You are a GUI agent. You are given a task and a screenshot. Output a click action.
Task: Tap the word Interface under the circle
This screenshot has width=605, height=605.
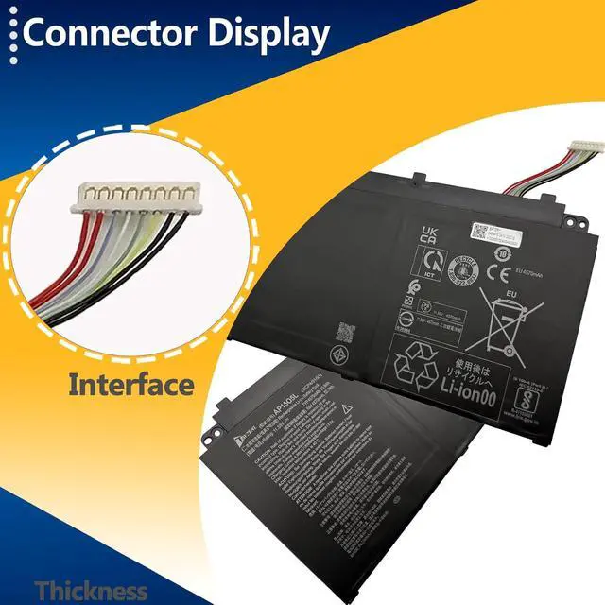130,385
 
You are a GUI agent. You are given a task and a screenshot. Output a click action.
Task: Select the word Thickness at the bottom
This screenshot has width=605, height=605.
92,592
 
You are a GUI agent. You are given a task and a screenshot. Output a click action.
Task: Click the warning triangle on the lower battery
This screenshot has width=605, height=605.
348,408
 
